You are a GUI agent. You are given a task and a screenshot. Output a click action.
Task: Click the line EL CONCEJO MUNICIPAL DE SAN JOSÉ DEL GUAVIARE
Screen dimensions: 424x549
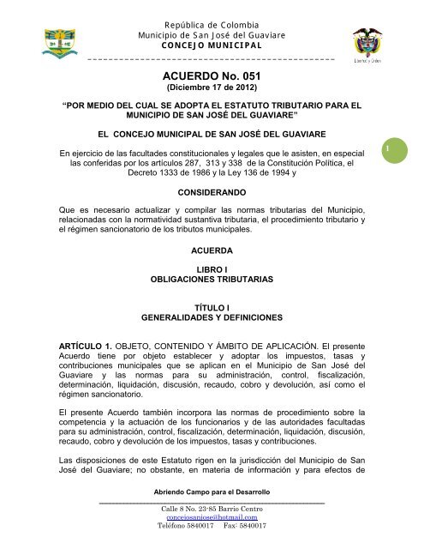pos(212,134)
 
